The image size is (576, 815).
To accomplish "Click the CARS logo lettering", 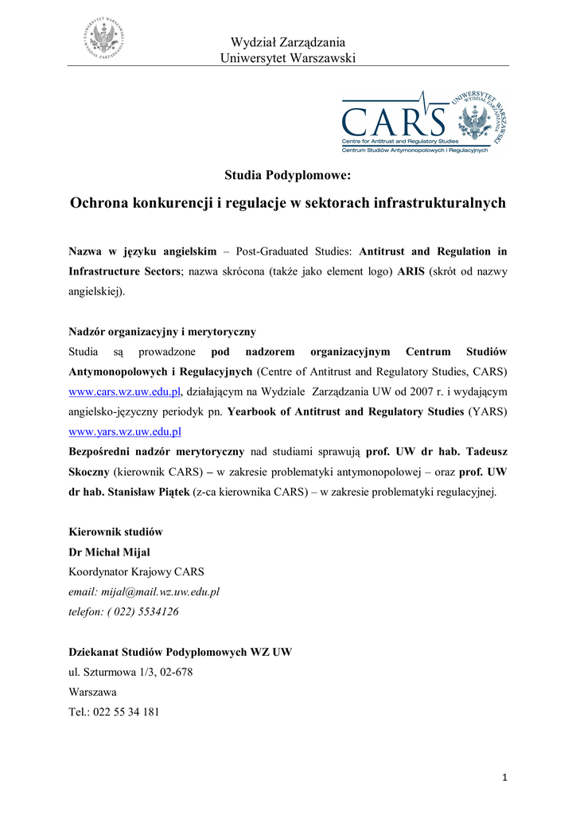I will click(395, 122).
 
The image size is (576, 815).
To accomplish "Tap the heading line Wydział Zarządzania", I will click(287, 42).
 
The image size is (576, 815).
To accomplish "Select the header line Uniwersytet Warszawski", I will click(287, 58).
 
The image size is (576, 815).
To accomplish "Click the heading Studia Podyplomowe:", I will click(287, 174).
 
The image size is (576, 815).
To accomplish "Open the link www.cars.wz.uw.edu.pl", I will click(126, 392).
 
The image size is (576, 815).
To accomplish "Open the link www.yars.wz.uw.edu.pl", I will click(126, 431).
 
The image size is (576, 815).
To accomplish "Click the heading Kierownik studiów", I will click(116, 532).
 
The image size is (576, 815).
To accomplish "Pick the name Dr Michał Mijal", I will click(109, 552).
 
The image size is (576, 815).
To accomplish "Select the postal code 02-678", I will click(173, 672).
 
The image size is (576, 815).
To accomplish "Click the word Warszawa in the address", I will click(93, 692).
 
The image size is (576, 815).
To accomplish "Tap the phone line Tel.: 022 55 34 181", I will click(115, 712).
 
